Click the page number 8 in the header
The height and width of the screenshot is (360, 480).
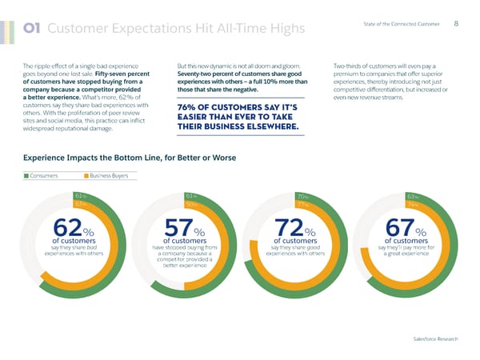(455, 24)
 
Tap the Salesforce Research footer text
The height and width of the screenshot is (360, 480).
(431, 339)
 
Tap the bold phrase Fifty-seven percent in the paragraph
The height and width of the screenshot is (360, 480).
(119, 73)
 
